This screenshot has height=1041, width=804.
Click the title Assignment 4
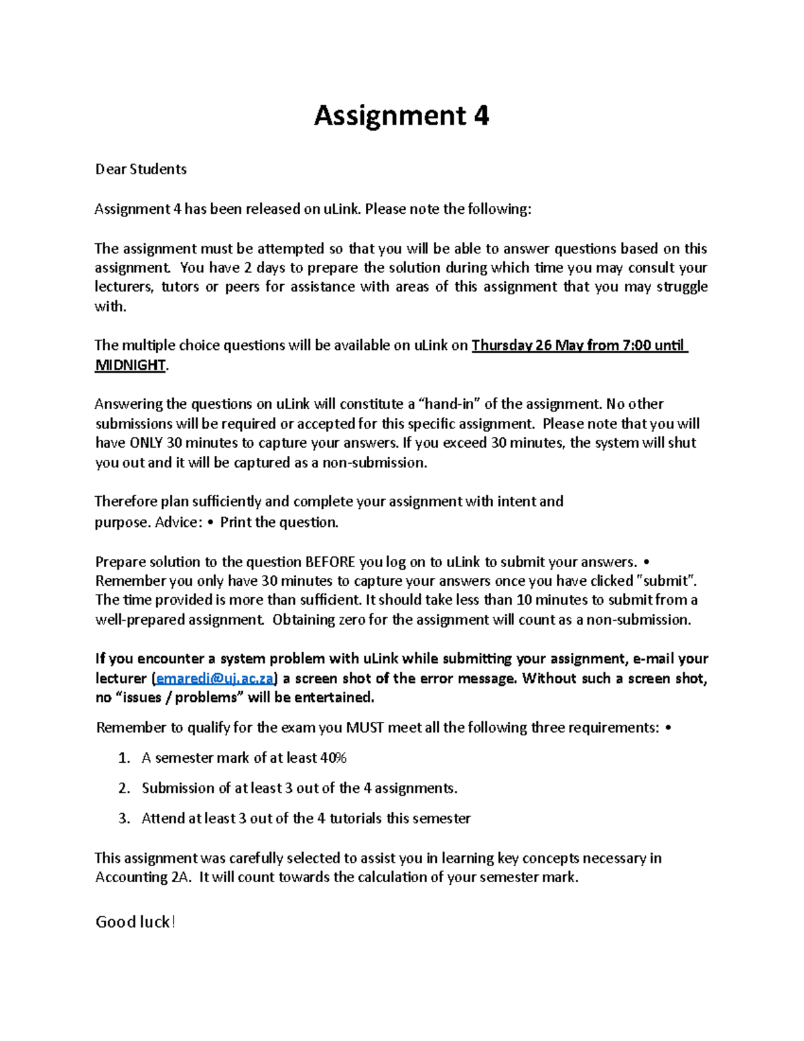[401, 116]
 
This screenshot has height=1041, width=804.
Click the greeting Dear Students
[141, 170]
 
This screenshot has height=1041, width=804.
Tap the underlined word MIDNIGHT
[130, 365]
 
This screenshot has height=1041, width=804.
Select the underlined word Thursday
[501, 346]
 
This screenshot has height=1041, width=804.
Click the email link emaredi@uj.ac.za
[214, 678]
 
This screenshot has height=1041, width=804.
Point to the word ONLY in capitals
[146, 443]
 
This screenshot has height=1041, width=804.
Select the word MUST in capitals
[364, 728]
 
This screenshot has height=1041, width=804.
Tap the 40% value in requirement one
[333, 758]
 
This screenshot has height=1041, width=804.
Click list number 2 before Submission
[123, 788]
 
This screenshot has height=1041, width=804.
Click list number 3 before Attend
[123, 818]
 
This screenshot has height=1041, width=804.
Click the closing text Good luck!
[135, 922]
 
